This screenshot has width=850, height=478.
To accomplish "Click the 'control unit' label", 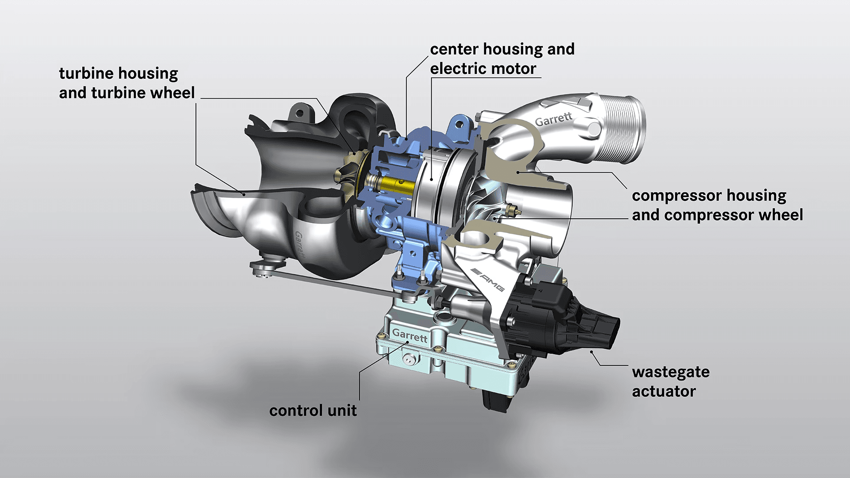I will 313,410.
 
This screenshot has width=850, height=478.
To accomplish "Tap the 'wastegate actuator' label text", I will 670,382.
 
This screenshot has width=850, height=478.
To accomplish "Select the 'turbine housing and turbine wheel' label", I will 127,83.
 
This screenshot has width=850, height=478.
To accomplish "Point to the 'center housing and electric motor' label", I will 502,58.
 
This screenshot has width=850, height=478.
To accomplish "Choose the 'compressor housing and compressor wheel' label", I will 717,205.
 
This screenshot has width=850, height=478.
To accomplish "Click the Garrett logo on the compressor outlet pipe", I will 553,119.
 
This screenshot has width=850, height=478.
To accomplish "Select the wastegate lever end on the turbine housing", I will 264,267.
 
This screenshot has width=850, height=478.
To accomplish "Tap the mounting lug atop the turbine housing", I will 300,112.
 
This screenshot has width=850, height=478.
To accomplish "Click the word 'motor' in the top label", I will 514,69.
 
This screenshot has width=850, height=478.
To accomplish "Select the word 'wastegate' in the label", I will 670,372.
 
